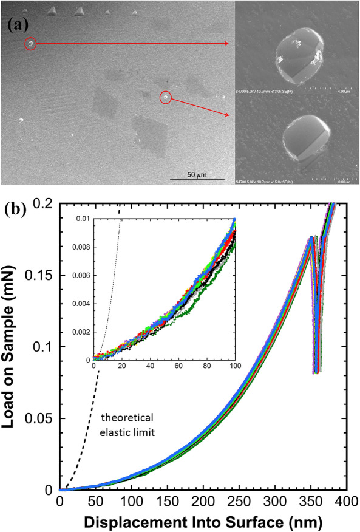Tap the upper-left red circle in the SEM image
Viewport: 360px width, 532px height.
30,44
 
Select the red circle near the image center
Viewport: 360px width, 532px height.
166,97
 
